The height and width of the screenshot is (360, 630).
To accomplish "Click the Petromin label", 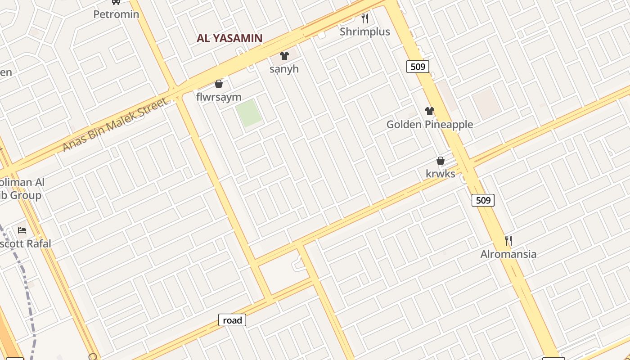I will pos(116,14).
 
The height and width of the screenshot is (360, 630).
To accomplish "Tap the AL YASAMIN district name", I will pos(229,38).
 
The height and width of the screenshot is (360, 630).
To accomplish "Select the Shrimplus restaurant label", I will pos(365,31).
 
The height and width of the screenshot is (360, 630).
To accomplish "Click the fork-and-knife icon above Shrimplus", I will pos(365,18).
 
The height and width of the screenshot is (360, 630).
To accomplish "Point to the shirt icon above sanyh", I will pos(284,56).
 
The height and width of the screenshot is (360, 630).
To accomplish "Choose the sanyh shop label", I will pos(284,69).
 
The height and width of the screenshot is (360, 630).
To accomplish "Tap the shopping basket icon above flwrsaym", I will pos(219,84).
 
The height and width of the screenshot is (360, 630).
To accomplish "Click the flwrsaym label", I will pos(219,97).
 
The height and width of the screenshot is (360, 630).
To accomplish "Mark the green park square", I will pos(248,113).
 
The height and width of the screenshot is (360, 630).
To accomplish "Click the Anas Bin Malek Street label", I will pos(115,125).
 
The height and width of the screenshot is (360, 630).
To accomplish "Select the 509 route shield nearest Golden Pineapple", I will pos(418,67).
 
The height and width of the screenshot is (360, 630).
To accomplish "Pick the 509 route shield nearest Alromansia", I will pos(483,200).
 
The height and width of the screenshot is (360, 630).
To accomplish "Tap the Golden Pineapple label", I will pos(430,124).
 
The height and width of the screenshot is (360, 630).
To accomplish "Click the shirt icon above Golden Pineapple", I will pos(430,111).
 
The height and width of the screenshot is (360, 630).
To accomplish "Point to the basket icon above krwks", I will pos(441,161).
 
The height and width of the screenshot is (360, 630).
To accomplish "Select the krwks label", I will pos(441,174).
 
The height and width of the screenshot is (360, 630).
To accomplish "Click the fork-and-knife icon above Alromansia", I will pos(508,241).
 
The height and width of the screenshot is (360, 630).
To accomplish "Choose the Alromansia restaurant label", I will pos(508,254).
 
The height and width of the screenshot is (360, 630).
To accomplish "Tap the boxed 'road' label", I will pos(232,320).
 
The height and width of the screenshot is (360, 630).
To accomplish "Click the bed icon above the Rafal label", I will pos(22,230).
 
